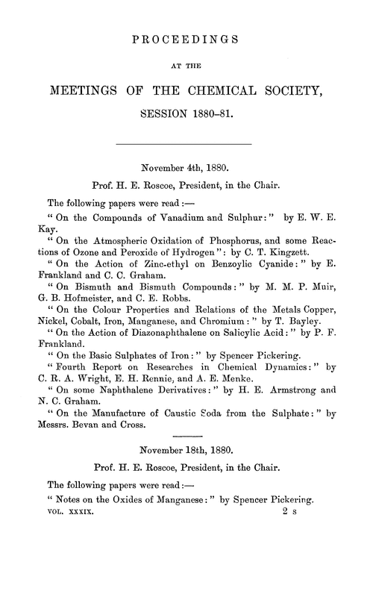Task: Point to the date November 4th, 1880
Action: [186, 168]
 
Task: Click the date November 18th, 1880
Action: [186, 448]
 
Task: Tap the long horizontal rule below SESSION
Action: [186, 142]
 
